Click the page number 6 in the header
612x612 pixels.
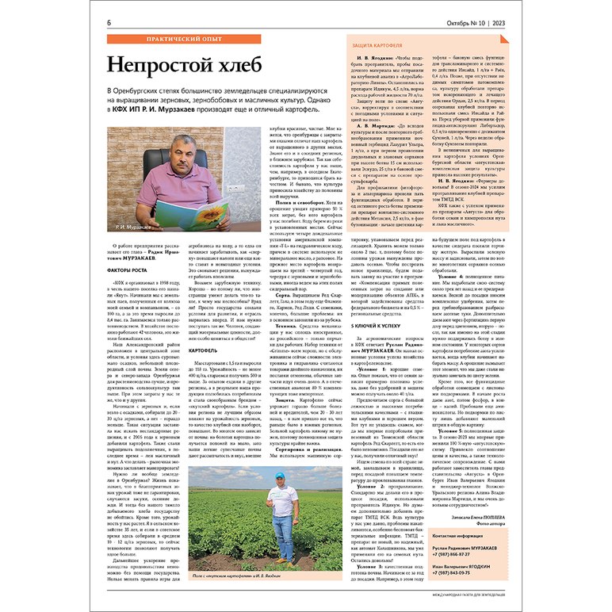tap(109, 23)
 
